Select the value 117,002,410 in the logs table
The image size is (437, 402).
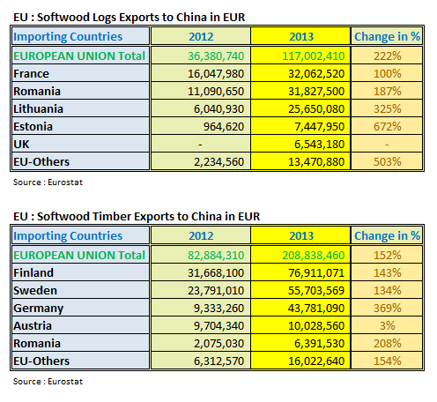(x=300, y=55)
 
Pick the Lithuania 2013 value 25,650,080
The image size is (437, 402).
(x=300, y=108)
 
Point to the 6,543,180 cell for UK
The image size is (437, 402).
(x=300, y=143)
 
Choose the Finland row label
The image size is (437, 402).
(x=34, y=272)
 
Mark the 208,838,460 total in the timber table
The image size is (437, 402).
(x=300, y=255)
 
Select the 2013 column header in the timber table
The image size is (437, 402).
(x=300, y=235)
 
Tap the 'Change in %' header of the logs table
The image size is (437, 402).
(x=387, y=36)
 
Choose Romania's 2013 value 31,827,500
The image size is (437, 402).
(x=300, y=90)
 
